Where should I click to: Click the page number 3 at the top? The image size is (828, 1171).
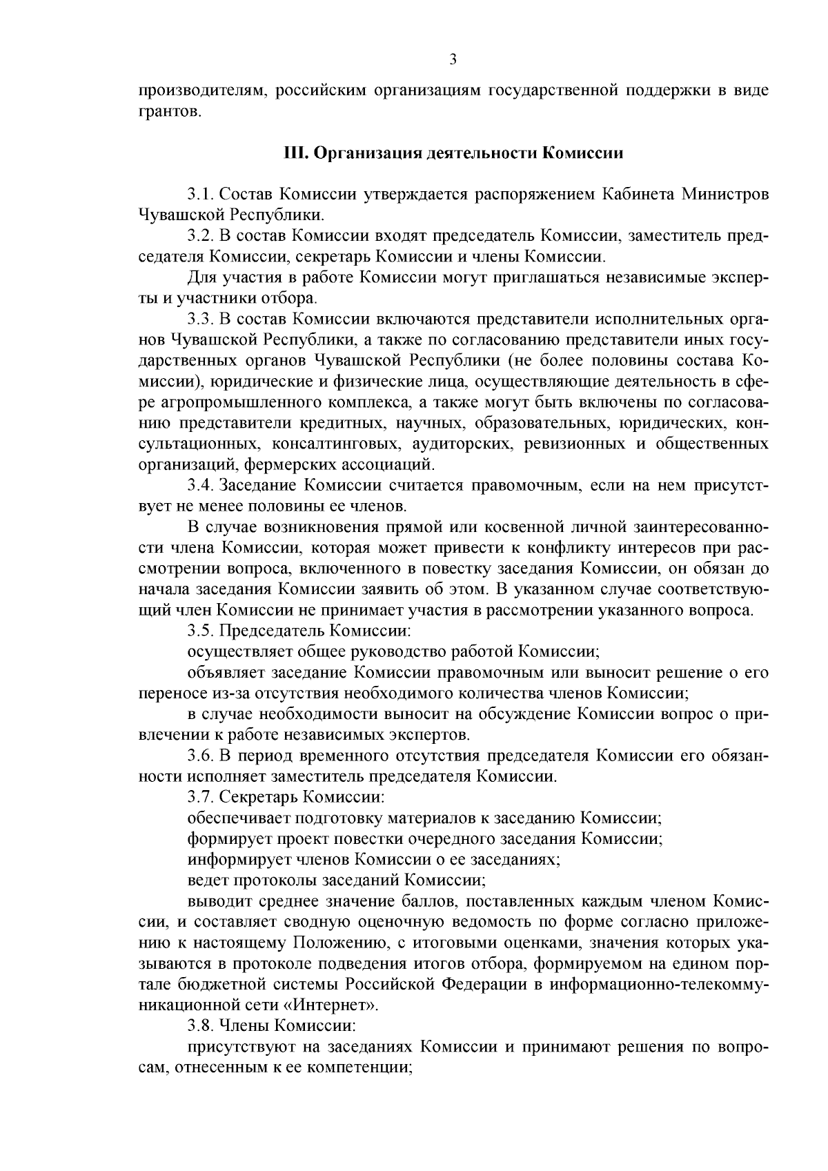tap(453, 60)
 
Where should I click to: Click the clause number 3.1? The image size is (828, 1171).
tap(200, 194)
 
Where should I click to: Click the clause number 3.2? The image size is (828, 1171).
tap(200, 236)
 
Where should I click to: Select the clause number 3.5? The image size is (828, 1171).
tap(200, 631)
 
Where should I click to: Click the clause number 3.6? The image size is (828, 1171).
tap(200, 755)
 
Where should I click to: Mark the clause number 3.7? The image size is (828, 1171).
tap(200, 797)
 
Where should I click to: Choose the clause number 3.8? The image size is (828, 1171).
tap(200, 1025)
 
